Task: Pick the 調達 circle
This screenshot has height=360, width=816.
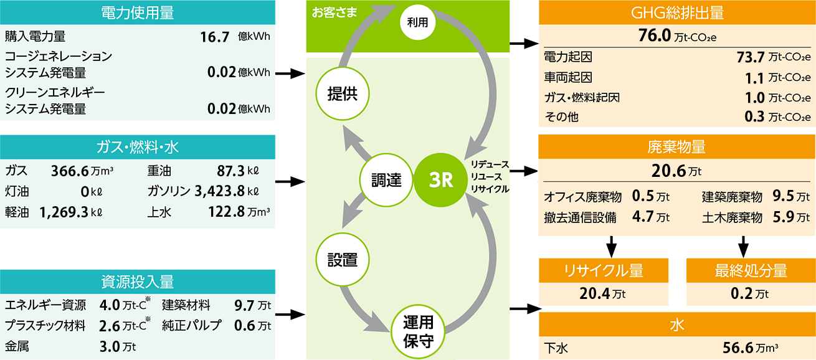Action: coord(386,181)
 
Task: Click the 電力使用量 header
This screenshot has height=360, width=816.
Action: coord(136,12)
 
